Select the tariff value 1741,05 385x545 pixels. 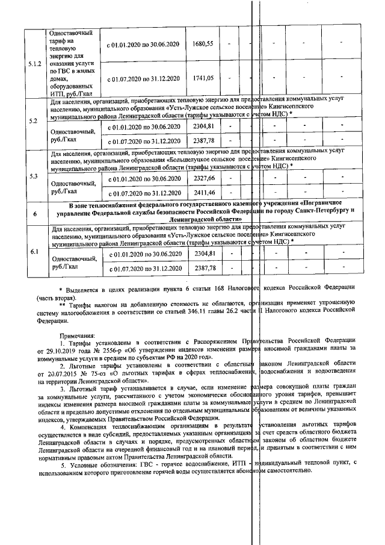[202, 78]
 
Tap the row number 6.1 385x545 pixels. [35, 252]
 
